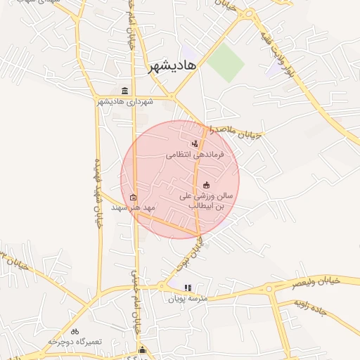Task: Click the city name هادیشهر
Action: click(173, 66)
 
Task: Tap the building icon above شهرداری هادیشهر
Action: click(125, 91)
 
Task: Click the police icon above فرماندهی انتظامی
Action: click(195, 143)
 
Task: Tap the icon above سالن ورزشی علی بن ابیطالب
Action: click(205, 184)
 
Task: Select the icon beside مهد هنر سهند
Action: click(134, 197)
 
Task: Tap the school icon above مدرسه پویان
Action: click(188, 288)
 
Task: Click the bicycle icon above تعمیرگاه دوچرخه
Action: click(75, 330)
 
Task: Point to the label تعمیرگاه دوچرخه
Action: click(75, 341)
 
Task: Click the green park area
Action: click(224, 62)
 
